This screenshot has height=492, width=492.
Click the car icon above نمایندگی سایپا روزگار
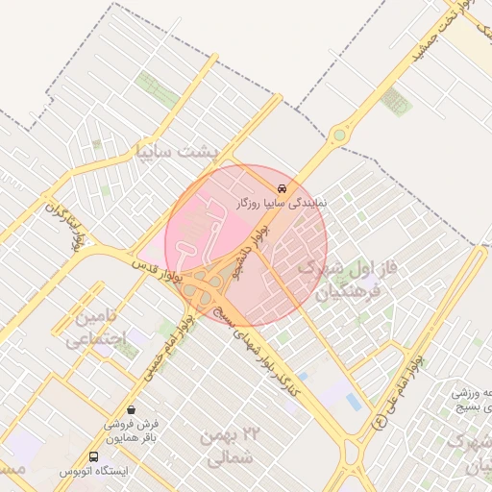click(281, 187)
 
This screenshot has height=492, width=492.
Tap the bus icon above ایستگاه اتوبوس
click(94, 456)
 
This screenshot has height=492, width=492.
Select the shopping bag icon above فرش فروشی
click(131, 410)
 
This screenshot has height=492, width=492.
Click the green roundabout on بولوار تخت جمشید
click(338, 135)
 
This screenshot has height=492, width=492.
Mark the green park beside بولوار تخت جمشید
click(395, 100)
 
